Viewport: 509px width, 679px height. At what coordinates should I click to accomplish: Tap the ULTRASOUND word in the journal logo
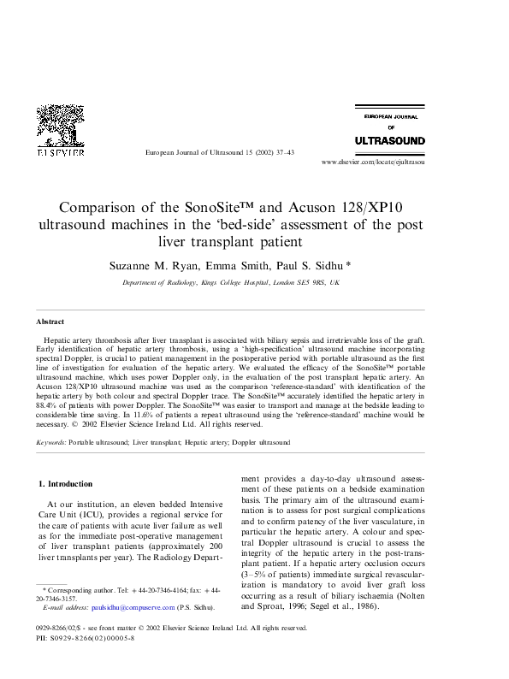[389, 139]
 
